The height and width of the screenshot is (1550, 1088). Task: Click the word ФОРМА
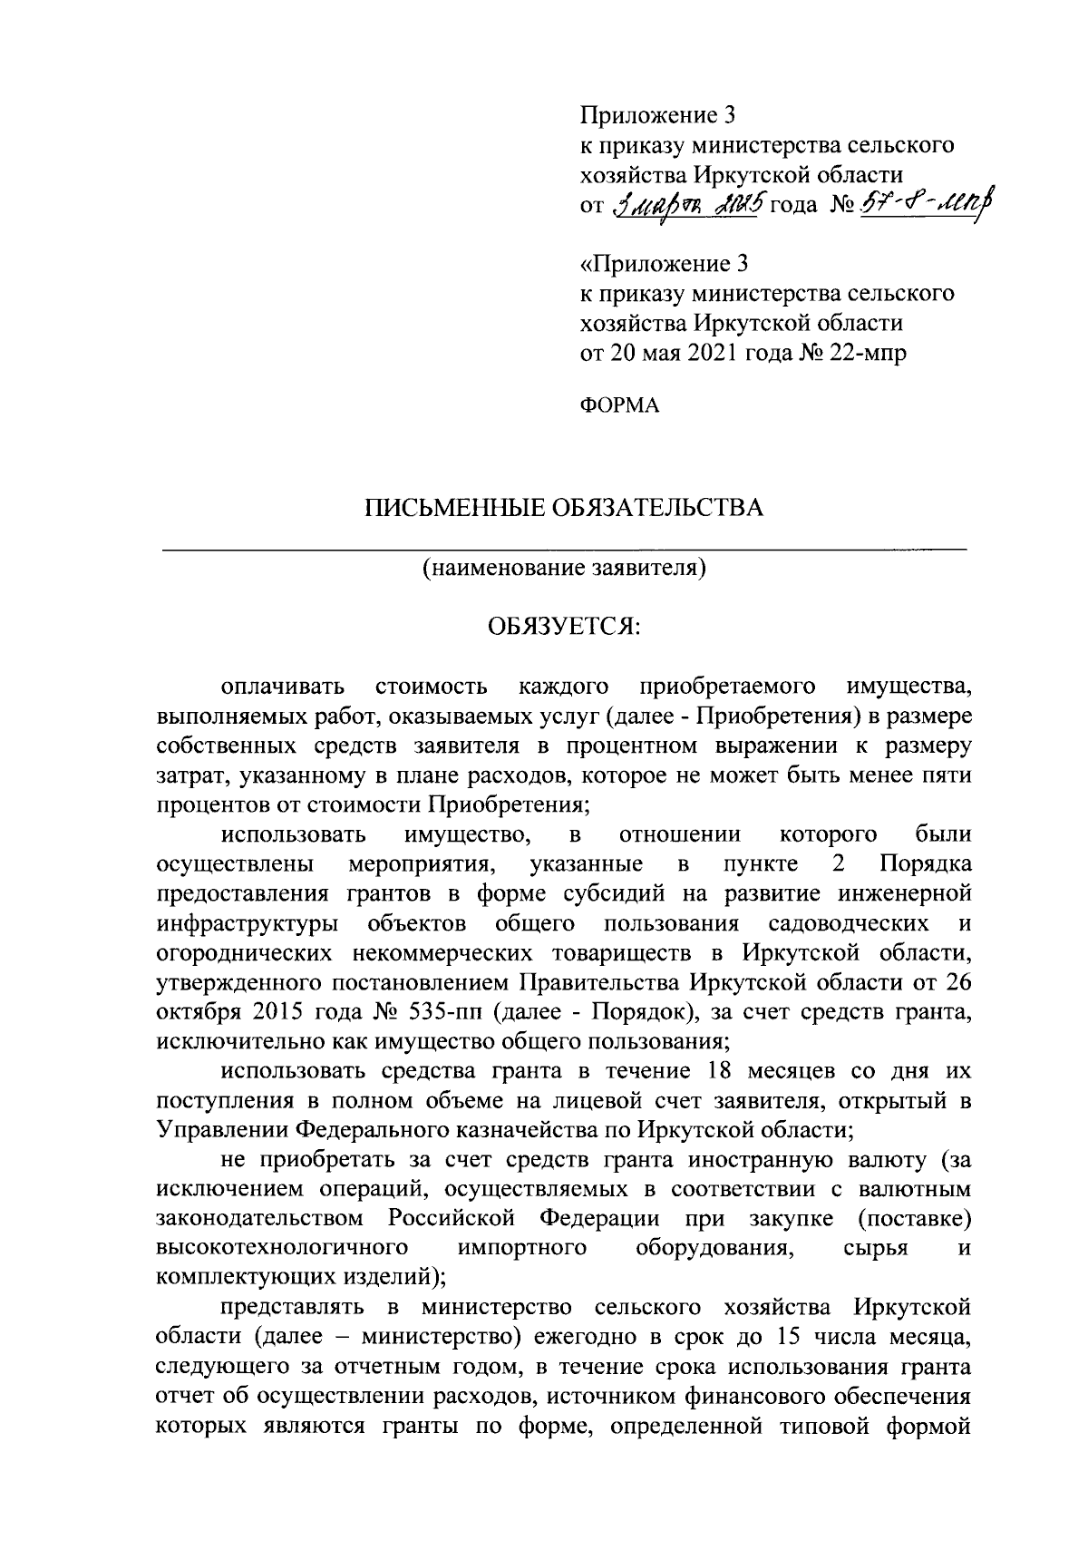620,406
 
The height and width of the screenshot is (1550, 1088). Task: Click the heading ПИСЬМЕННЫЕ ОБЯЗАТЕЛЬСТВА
564,508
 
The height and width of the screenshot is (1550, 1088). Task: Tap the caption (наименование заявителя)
563,569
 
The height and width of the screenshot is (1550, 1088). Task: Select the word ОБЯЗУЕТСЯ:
564,628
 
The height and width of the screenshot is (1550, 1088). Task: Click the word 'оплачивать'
282,687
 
